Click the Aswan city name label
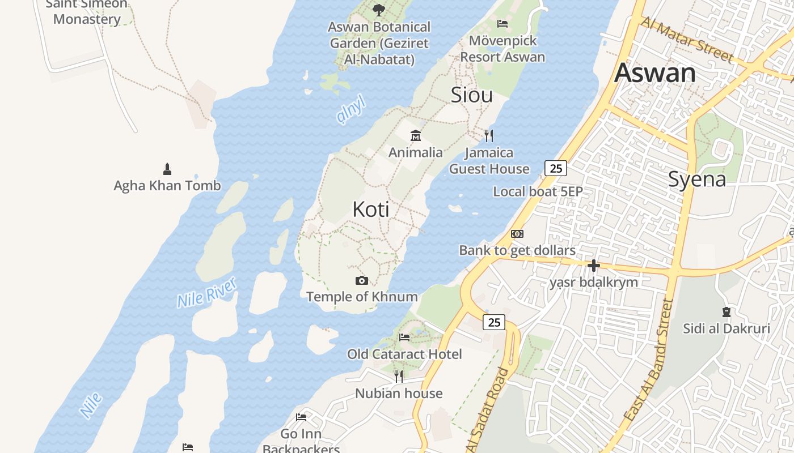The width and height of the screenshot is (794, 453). tap(655, 73)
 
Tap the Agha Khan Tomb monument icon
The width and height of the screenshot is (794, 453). tap(167, 169)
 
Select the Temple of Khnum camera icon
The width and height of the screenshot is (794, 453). tap(361, 280)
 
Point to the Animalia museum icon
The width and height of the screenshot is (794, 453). tap(416, 136)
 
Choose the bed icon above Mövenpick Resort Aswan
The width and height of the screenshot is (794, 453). tap(502, 23)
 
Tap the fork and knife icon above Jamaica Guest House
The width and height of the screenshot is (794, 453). tap(489, 136)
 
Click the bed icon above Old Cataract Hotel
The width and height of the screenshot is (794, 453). tap(404, 337)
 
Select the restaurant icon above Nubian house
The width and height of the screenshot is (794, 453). tap(399, 376)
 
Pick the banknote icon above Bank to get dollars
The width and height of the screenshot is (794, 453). tap(517, 234)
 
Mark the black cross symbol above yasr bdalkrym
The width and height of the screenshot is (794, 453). tap(594, 265)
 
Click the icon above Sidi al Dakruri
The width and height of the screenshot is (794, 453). tap(726, 311)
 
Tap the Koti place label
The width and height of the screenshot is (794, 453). tap(371, 210)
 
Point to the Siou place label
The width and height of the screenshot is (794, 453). tap(471, 95)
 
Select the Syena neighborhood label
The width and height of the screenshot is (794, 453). tap(697, 180)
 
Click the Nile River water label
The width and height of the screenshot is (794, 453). tap(206, 293)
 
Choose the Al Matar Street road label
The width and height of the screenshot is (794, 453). tap(687, 39)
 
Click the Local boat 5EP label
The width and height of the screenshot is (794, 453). tap(538, 191)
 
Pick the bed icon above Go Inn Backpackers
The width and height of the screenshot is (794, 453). tap(301, 417)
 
